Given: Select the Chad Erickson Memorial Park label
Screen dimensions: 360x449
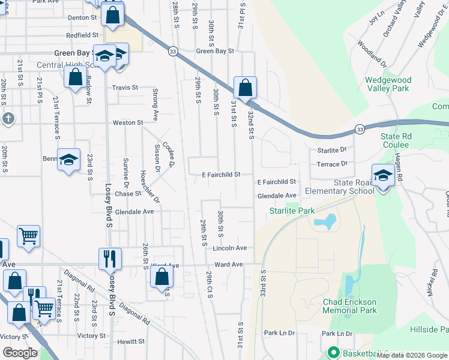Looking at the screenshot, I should coord(349,306).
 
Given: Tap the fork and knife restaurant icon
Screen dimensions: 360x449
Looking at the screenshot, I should coord(110,259).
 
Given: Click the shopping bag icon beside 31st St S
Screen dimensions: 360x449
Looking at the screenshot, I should coord(245,88).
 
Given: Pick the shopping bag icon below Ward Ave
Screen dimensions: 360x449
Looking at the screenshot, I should coord(161,277).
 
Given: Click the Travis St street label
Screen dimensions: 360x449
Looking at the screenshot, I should coord(125,88).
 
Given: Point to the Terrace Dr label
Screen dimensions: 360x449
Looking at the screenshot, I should coord(332,163).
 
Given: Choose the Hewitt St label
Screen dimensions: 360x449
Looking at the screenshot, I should coord(127,341).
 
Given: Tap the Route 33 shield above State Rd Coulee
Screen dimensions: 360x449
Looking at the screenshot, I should coord(360,129).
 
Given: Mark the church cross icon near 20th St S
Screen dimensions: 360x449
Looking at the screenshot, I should coord(7,118).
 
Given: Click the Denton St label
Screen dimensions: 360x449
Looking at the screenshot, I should coord(82,18).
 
